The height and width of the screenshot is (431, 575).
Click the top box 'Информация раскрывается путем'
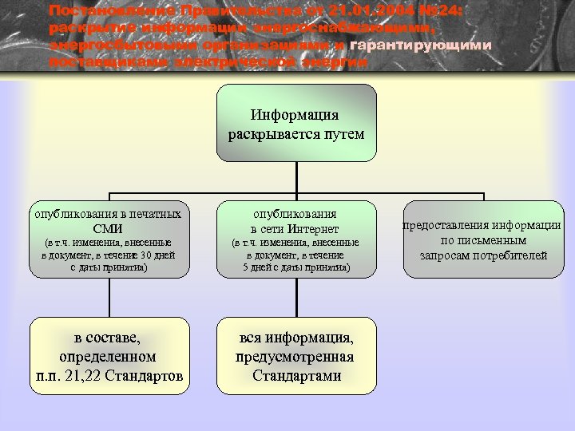296,124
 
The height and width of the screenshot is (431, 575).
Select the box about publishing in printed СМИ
109,239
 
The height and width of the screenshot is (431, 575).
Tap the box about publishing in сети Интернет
296,239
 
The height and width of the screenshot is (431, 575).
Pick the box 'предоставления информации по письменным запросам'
482,239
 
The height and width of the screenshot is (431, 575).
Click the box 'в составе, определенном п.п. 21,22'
109,356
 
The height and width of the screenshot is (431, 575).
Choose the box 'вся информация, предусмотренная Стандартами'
296,356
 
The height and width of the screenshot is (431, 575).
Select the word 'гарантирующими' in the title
421,45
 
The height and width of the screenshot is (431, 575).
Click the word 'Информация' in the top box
295,115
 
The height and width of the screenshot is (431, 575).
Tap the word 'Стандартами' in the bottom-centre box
296,375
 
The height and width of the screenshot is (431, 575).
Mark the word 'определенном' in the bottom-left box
108,357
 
